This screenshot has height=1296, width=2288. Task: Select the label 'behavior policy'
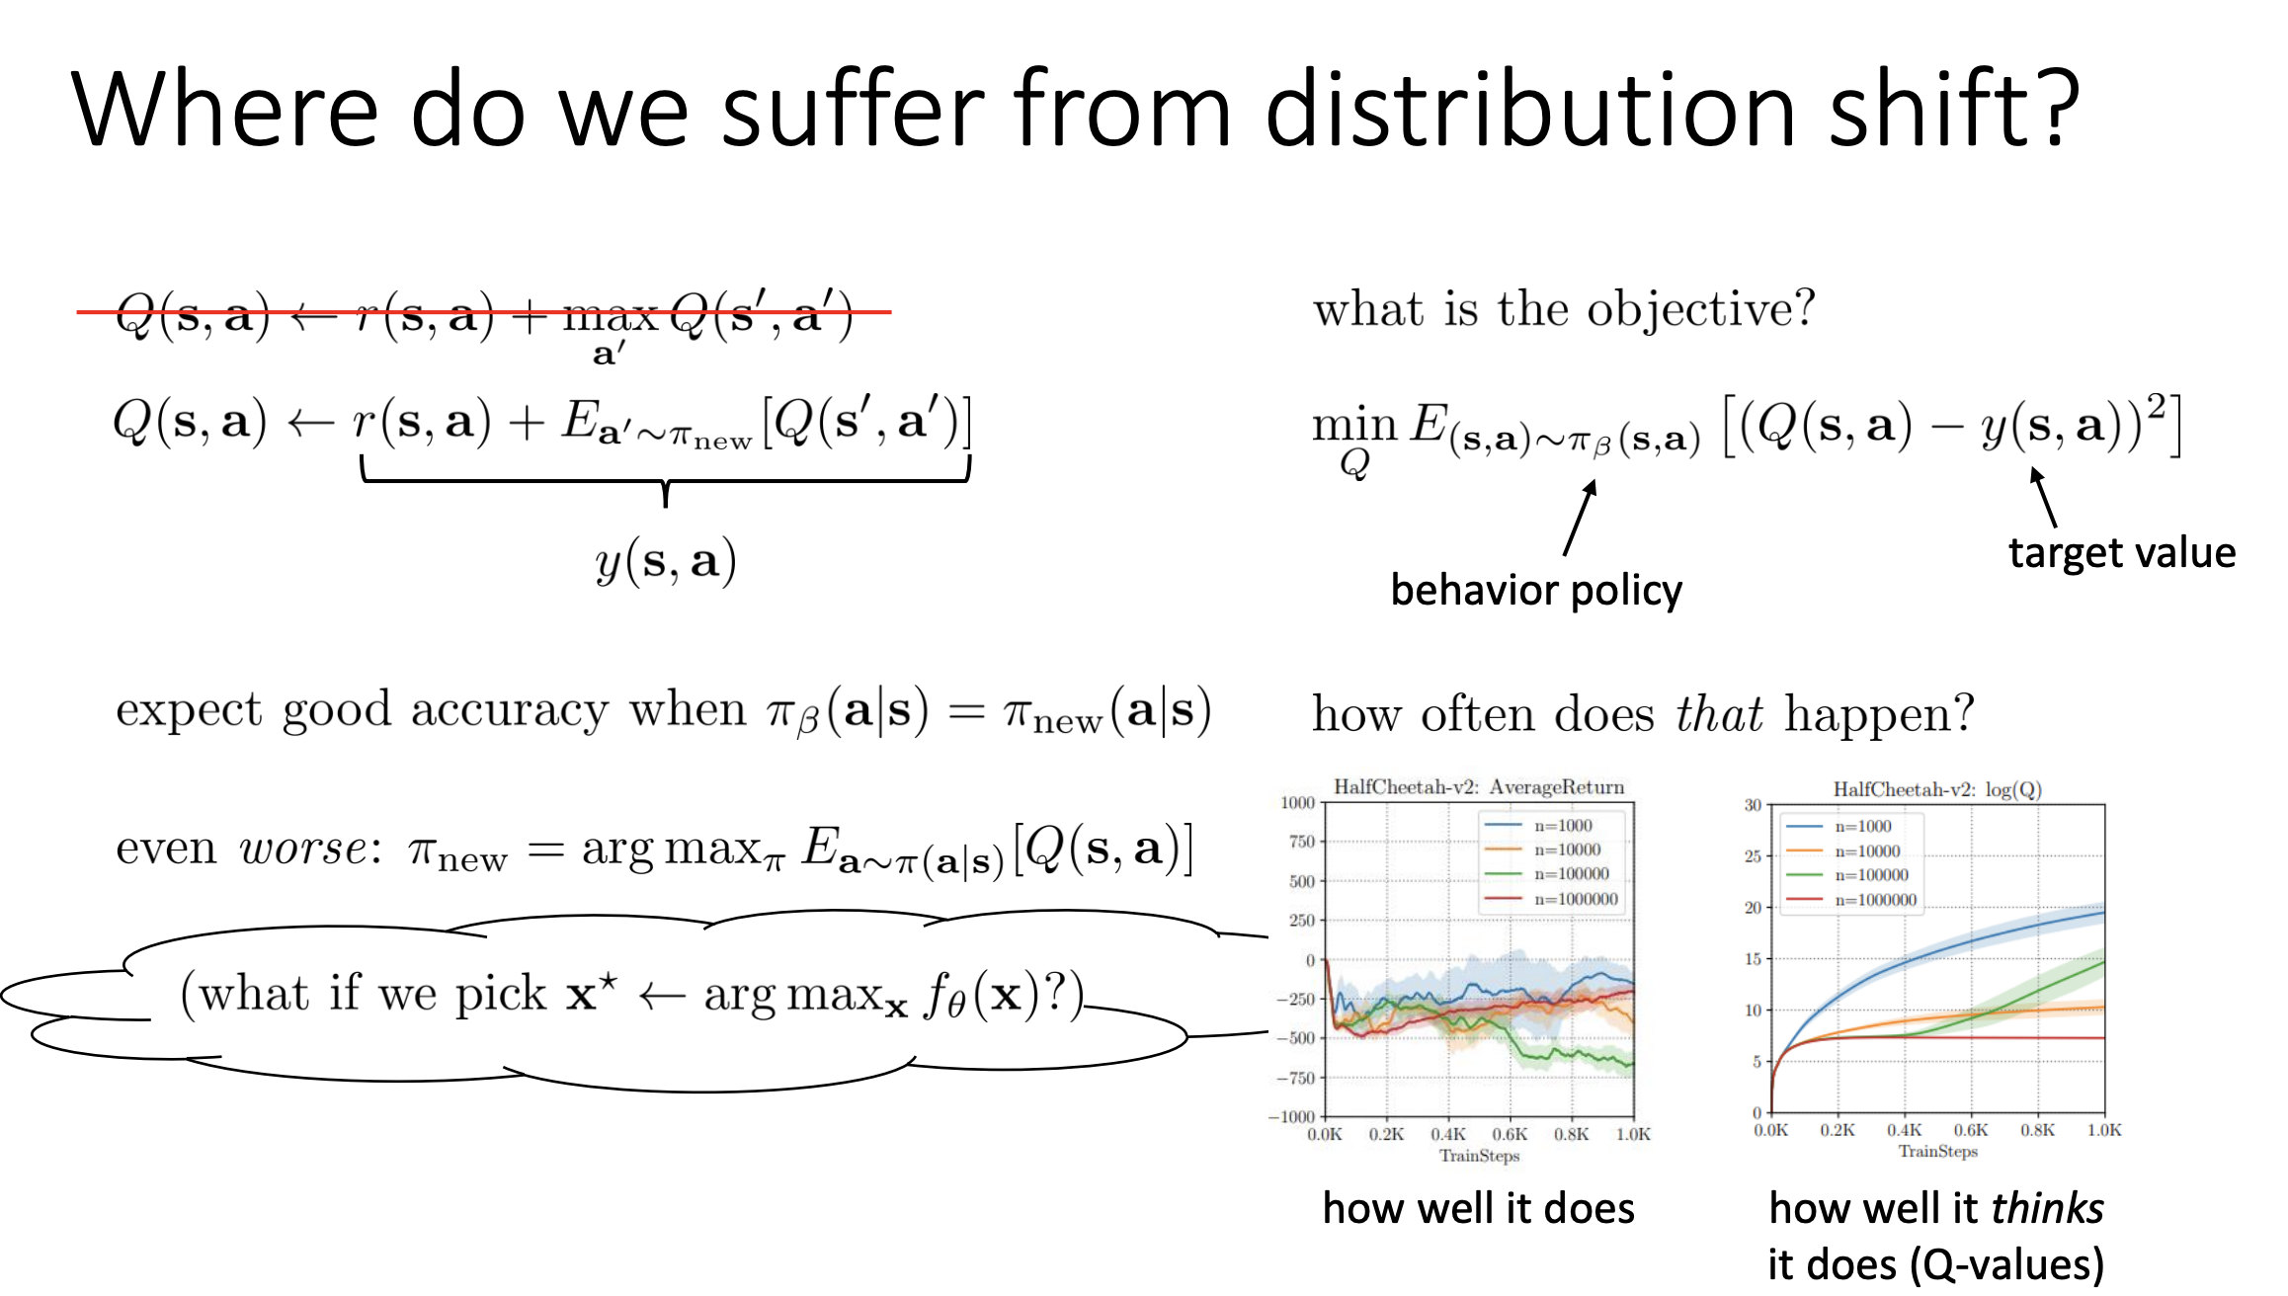pos(1536,591)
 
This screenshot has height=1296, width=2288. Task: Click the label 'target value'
pos(2122,552)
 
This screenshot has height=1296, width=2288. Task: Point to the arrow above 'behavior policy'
pos(1580,519)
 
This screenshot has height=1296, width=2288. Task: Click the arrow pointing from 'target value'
pos(2044,498)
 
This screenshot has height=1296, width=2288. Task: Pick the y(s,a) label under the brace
pos(666,561)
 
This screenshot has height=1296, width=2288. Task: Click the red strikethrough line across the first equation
pos(484,312)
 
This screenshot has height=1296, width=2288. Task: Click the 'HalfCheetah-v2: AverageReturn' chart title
pos(1479,787)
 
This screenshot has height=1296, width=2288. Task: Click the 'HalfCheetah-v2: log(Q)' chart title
pos(1937,789)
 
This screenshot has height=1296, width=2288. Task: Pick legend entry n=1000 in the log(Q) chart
pos(1839,827)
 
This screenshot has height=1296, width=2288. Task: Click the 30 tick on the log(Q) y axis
pos(1753,805)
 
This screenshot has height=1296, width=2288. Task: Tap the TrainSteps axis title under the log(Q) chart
pos(1937,1151)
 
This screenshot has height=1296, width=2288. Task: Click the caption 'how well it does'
pos(1479,1208)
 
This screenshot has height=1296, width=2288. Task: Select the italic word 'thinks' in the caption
pos(2047,1208)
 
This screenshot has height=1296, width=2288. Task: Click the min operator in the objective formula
pos(1354,426)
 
